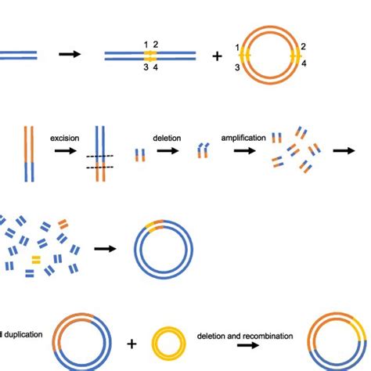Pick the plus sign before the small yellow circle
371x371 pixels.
131,344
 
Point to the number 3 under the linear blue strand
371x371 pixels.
145,69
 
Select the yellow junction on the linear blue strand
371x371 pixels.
150,56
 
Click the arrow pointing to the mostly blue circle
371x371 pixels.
103,248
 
